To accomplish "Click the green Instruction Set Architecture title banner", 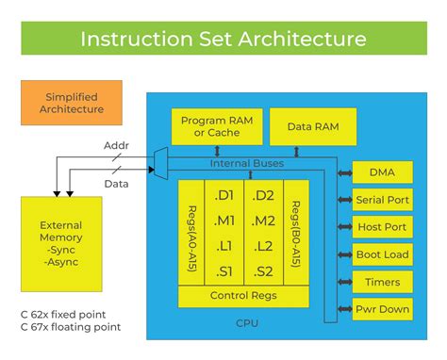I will [223, 40].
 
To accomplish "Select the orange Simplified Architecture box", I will [72, 104].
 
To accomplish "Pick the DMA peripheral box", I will [382, 173].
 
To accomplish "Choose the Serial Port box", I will [382, 200].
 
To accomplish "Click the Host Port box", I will [382, 227].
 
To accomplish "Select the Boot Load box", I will [382, 254].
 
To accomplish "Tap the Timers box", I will [382, 282].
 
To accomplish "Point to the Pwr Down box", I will [382, 309].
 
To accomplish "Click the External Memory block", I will [61, 243].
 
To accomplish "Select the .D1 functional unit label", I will [224, 196].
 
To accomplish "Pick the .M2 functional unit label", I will [264, 221].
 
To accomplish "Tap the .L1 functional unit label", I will [224, 247].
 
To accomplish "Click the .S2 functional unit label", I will [264, 272].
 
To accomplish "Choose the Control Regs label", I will [243, 296].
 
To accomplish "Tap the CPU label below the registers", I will [247, 322].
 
